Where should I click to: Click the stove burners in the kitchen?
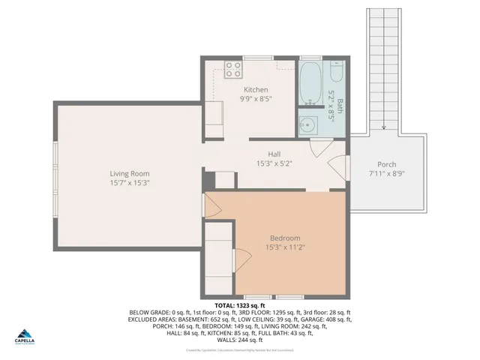coord(233,70)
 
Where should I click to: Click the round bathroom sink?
coord(307,124)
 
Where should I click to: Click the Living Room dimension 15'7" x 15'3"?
coord(130,182)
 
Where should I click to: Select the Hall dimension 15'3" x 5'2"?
coord(274,163)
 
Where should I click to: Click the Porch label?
coord(386,165)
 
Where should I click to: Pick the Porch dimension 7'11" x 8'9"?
coord(386,174)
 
